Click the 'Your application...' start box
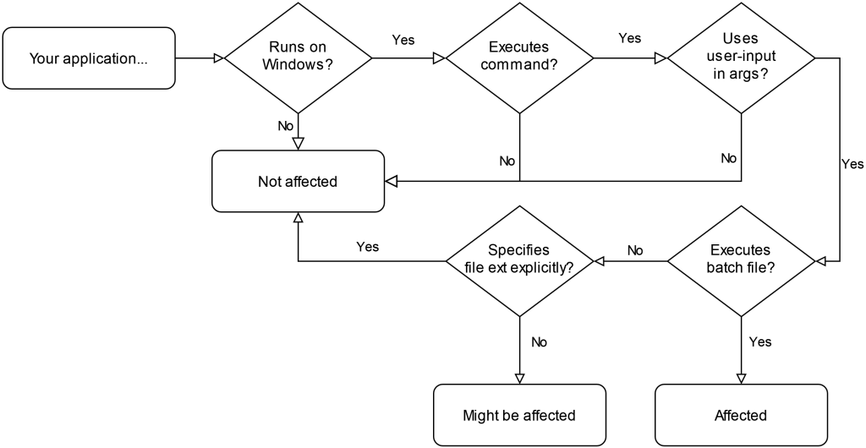pos(89,58)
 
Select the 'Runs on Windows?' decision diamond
pos(299,58)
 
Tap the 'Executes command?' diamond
pos(520,58)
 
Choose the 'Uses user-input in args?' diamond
pos(741,58)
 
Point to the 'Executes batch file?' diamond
pos(741,261)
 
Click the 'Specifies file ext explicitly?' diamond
pos(520,261)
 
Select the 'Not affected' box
pos(299,181)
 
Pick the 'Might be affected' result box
pos(520,415)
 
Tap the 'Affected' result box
pos(741,415)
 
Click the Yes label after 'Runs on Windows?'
pos(403,40)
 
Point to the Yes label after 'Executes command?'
pos(629,38)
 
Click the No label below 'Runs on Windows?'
pos(286,126)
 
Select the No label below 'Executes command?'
pos(507,161)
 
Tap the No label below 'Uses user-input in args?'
pos(728,158)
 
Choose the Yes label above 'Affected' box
pos(760,342)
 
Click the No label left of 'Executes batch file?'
pos(635,250)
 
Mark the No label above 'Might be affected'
pos(539,342)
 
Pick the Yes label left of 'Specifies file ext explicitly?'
pos(368,247)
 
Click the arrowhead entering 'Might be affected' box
pos(520,379)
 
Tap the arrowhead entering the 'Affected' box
pos(741,379)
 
